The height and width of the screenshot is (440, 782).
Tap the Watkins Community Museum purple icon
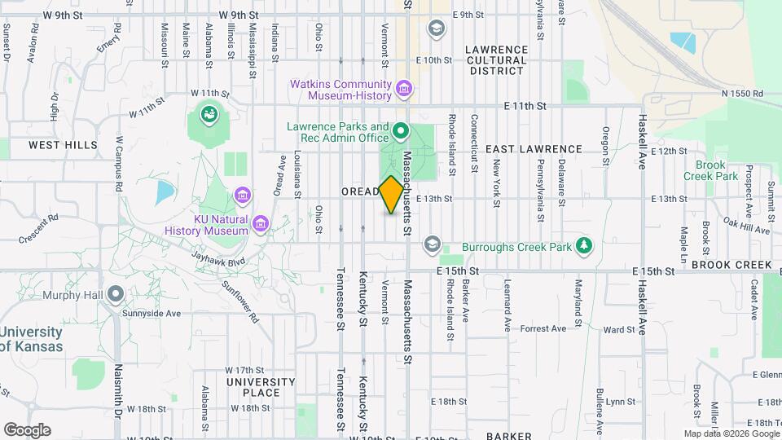402,87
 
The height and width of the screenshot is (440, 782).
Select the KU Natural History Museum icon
260,222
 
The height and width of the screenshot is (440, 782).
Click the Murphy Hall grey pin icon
116,293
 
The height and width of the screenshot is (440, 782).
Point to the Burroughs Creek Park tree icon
583,245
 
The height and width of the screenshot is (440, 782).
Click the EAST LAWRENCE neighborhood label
534,149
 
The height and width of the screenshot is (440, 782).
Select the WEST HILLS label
63,145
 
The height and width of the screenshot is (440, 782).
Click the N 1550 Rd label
742,94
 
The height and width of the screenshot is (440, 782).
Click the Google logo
27,430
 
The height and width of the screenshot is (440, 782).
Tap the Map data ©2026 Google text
731,433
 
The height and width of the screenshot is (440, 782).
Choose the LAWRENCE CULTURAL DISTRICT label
496,60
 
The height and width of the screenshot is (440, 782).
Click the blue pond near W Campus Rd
165,192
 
